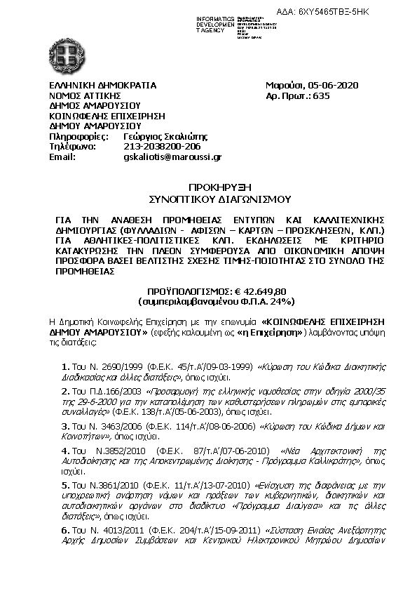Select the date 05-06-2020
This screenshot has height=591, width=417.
334,86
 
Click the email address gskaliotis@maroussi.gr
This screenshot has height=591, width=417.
172,158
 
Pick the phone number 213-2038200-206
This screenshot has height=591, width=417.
162,147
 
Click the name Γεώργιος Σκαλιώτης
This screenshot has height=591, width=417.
165,136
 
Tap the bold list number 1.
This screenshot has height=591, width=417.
64,367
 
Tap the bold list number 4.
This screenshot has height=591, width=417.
64,450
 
